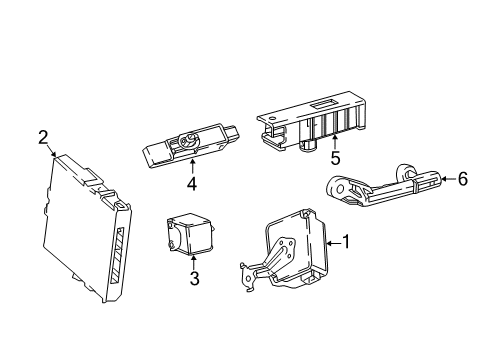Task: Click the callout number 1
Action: coord(346,242)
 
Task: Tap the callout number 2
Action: coord(43,137)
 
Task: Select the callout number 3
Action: coord(194,278)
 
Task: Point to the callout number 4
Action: coord(192,184)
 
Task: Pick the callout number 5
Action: coord(335,158)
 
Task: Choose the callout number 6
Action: coord(463,179)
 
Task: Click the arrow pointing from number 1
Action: coord(334,243)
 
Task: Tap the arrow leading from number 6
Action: coord(448,179)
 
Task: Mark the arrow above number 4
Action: coord(192,167)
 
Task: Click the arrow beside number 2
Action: coord(51,151)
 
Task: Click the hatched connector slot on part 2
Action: coord(117,255)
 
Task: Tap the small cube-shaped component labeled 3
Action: coord(189,234)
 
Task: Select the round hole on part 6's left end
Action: coord(340,190)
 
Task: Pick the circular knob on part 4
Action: coord(188,141)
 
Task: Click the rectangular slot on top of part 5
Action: coord(324,105)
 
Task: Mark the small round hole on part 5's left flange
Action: coord(271,118)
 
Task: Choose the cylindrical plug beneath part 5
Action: coord(309,145)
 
